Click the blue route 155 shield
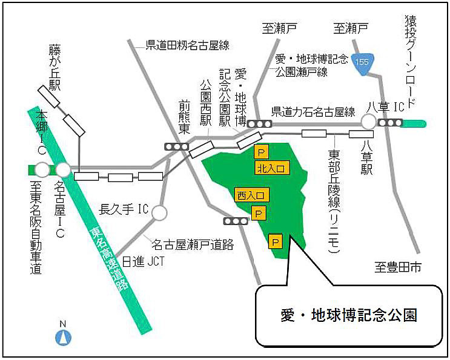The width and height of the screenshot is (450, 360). (363, 63)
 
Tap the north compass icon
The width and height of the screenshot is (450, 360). (62, 336)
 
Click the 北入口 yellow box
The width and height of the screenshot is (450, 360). (270, 168)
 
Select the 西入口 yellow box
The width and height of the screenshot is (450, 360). (250, 195)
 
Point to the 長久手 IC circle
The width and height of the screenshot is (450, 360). (159, 212)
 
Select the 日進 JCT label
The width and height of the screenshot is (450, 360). (143, 261)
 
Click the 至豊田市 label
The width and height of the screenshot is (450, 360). (397, 267)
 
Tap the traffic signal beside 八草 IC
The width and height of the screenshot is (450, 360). (390, 123)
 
